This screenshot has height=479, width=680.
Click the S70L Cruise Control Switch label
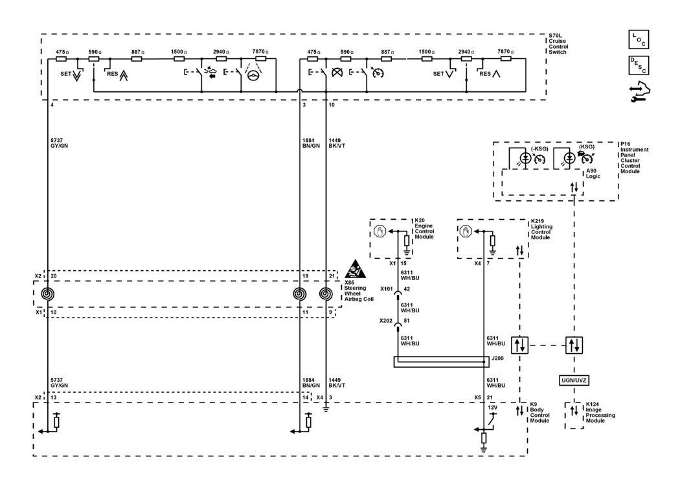(558, 44)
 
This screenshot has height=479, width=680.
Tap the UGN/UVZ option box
(574, 380)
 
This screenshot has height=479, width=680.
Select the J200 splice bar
(442, 362)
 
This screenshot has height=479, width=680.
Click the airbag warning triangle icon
(355, 269)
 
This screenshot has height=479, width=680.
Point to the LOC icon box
(639, 40)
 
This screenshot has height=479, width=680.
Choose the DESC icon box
(639, 65)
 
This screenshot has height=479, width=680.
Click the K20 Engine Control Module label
(424, 229)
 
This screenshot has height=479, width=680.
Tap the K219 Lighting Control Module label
(541, 229)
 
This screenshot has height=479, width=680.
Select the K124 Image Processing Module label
(600, 412)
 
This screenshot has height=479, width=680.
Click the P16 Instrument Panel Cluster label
(634, 158)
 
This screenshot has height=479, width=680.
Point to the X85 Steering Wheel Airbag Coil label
(359, 290)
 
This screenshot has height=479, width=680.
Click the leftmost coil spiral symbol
(47, 294)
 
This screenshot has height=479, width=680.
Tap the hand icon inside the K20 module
(380, 231)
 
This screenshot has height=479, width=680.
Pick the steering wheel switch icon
(253, 75)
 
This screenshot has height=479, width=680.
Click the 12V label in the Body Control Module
(493, 408)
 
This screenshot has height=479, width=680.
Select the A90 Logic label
(593, 174)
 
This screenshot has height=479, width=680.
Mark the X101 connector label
(387, 289)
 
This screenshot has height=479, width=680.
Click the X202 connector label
(386, 321)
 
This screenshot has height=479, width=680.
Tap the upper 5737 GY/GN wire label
(59, 143)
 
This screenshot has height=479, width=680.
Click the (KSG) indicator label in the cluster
(587, 146)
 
